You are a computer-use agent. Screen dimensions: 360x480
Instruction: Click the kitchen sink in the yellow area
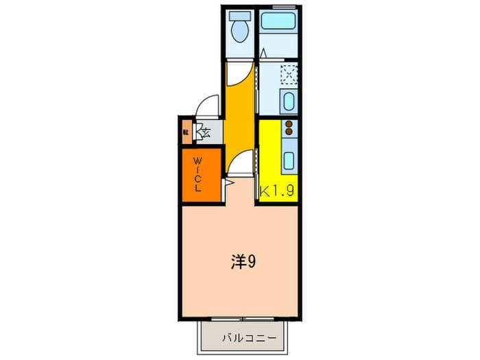coord(288,162)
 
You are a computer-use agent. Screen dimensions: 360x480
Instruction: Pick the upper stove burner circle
coord(289,123)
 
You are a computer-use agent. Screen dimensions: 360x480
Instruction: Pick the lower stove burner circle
coord(289,131)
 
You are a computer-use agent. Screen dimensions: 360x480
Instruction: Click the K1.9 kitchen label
coord(276,192)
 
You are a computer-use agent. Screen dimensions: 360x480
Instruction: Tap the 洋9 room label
coord(243,262)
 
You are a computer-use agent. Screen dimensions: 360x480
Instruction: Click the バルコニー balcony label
coord(249,338)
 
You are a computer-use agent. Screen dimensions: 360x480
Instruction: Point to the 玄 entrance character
coord(204,131)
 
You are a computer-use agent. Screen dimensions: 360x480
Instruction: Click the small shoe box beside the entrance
coord(186,131)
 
